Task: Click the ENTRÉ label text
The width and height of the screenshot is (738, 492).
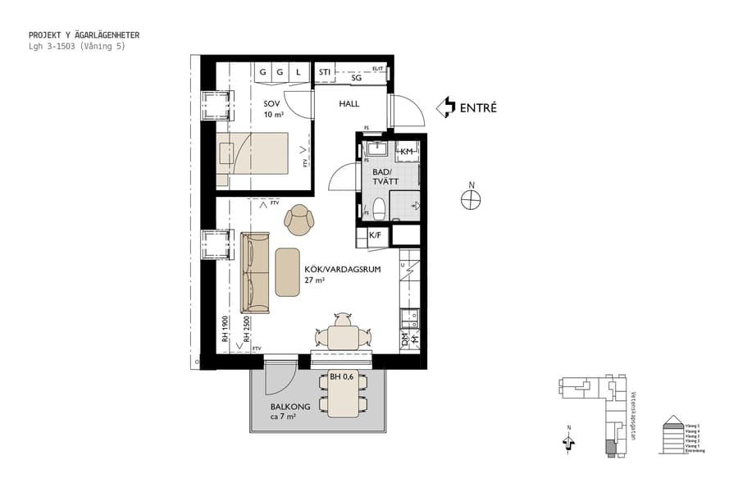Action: tap(478, 107)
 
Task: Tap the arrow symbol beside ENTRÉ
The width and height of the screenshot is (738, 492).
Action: tap(446, 107)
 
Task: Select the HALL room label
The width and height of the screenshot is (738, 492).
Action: tap(350, 104)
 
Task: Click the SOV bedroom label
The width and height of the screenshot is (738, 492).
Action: tap(271, 104)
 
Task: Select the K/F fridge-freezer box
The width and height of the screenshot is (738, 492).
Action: tap(375, 235)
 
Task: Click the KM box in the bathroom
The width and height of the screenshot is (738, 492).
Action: tap(406, 152)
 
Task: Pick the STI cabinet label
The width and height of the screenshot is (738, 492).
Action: tap(325, 73)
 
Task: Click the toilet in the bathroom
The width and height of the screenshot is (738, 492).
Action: tap(379, 207)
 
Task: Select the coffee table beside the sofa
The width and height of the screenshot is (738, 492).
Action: tap(288, 271)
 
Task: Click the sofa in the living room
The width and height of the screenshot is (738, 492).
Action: tap(254, 272)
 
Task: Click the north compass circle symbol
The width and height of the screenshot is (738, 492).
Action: tap(471, 200)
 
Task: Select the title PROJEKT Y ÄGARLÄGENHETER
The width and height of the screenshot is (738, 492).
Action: tap(84, 35)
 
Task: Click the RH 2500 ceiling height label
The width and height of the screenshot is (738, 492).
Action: tap(245, 330)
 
